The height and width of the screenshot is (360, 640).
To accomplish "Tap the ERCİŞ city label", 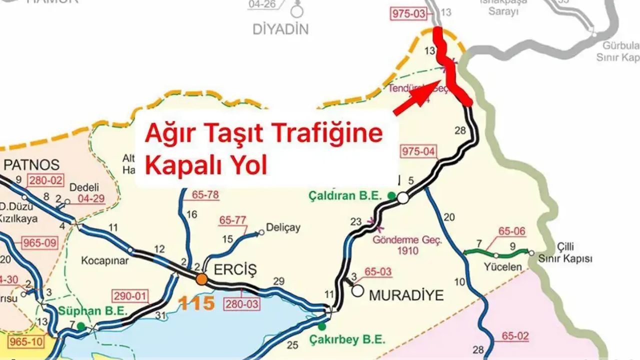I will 235,270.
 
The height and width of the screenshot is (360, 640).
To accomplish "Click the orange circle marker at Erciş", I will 201,279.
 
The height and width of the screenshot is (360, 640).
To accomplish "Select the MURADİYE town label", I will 406,295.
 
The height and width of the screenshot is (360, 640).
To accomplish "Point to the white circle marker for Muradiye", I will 357,290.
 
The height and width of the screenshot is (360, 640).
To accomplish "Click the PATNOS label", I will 31,165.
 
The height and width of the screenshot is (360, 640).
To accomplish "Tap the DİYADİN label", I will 280,29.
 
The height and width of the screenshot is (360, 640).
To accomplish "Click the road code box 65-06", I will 511,231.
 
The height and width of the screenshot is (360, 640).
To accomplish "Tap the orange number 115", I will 197,303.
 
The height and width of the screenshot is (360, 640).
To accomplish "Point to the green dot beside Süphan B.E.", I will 81,325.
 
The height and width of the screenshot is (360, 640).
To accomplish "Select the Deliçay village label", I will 283,228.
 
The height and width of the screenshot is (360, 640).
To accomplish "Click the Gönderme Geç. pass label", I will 407,240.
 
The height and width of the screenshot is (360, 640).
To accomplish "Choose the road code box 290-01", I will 131,295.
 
